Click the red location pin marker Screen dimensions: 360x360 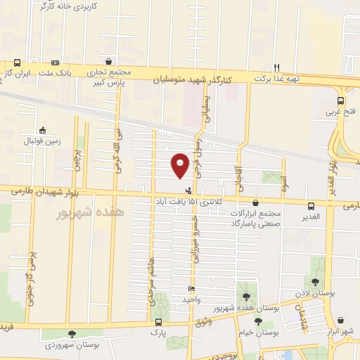(x=180, y=165)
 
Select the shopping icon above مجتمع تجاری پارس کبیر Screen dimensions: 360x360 (x=108, y=62)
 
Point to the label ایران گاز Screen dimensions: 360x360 (x=18, y=73)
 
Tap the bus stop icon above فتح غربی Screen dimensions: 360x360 (x=341, y=100)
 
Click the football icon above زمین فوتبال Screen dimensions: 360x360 (x=43, y=130)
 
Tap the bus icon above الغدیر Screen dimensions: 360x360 (x=311, y=206)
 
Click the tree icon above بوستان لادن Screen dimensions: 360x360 (x=316, y=262)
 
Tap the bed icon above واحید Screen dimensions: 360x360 (x=192, y=289)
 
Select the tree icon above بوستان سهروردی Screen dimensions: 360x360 (x=70, y=334)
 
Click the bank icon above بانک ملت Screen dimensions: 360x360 (x=56, y=62)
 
